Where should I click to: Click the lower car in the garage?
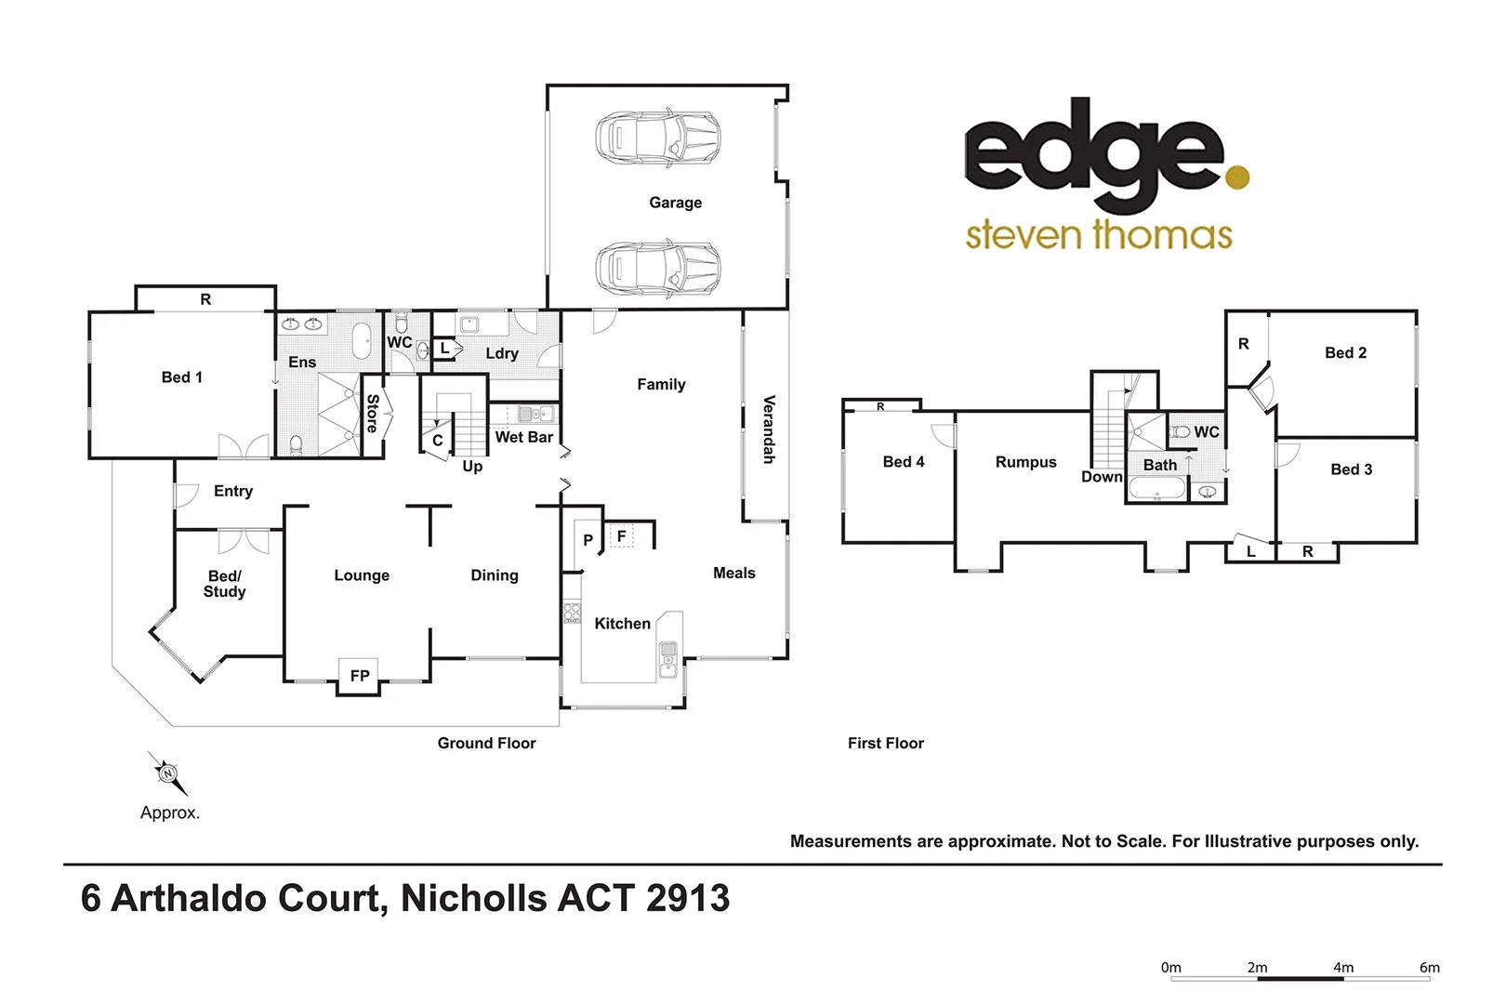(657, 269)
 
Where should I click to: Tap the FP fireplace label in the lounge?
(360, 676)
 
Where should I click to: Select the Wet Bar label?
(524, 437)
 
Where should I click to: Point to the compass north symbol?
(167, 773)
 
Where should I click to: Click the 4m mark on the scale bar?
(1343, 968)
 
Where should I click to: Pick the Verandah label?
(769, 429)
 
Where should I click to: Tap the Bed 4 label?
(904, 462)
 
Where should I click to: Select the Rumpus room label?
(1026, 462)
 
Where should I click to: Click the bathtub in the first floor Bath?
(1157, 489)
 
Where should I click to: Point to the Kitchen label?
(623, 624)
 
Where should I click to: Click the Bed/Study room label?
(225, 584)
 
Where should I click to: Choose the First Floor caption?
(886, 744)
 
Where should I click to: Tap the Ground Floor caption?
(487, 744)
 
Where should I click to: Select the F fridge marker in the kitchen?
(621, 536)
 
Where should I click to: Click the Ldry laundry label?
(502, 353)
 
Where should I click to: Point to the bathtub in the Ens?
(361, 342)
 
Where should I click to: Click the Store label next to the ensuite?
(373, 414)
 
